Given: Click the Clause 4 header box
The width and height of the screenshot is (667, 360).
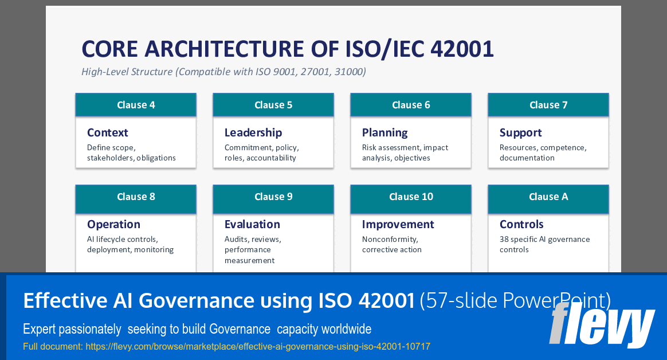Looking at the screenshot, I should tap(136, 105).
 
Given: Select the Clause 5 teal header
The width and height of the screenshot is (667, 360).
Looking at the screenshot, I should tap(273, 105).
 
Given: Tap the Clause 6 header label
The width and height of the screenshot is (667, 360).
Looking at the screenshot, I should tap(411, 105).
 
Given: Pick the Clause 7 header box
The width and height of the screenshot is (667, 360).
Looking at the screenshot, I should tap(548, 105).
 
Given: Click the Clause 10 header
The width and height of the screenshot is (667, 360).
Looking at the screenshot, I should tap(411, 197).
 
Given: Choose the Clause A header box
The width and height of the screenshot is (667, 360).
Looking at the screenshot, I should tap(548, 197).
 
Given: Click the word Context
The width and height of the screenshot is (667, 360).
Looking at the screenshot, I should tap(108, 132).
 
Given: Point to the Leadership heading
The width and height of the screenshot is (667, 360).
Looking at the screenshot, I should tap(253, 132).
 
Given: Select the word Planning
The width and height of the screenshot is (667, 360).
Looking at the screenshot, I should tap(385, 132).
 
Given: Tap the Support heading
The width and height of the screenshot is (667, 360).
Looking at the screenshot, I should tap(520, 132).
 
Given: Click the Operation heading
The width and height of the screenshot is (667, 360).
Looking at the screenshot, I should tap(113, 224).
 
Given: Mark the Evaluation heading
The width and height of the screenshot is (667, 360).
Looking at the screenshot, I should tap(252, 224).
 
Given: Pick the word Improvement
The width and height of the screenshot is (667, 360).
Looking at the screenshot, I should tap(398, 224).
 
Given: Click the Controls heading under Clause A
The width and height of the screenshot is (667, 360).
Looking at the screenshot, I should tap(521, 224).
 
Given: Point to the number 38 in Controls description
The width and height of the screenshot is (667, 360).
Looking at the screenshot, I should tap(504, 239).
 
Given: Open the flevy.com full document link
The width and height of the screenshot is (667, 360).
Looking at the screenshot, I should tap(258, 346).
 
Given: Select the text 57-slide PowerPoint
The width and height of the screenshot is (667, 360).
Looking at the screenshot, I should tap(515, 300).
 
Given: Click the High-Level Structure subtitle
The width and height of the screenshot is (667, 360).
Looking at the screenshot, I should tap(223, 72).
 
